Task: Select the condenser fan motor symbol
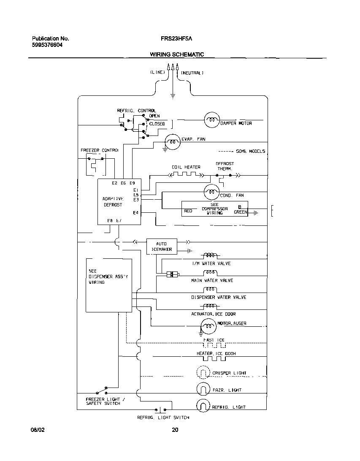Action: pyautogui.click(x=211, y=193)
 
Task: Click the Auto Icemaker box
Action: pyautogui.click(x=162, y=247)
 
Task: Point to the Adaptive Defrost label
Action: pyautogui.click(x=113, y=201)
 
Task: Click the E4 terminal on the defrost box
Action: pyautogui.click(x=135, y=213)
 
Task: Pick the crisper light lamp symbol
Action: pyautogui.click(x=203, y=372)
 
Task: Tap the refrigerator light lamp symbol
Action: pyautogui.click(x=203, y=406)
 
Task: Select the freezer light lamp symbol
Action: pyautogui.click(x=203, y=389)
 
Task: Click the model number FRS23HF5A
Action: pyautogui.click(x=176, y=38)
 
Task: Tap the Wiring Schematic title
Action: pyautogui.click(x=177, y=54)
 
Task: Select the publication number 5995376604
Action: pyautogui.click(x=47, y=45)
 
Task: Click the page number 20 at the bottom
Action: pyautogui.click(x=175, y=430)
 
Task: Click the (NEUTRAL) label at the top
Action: pyautogui.click(x=192, y=73)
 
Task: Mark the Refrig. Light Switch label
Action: pyautogui.click(x=163, y=418)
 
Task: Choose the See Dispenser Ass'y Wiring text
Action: pyautogui.click(x=108, y=277)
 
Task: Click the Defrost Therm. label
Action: pyautogui.click(x=225, y=166)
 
